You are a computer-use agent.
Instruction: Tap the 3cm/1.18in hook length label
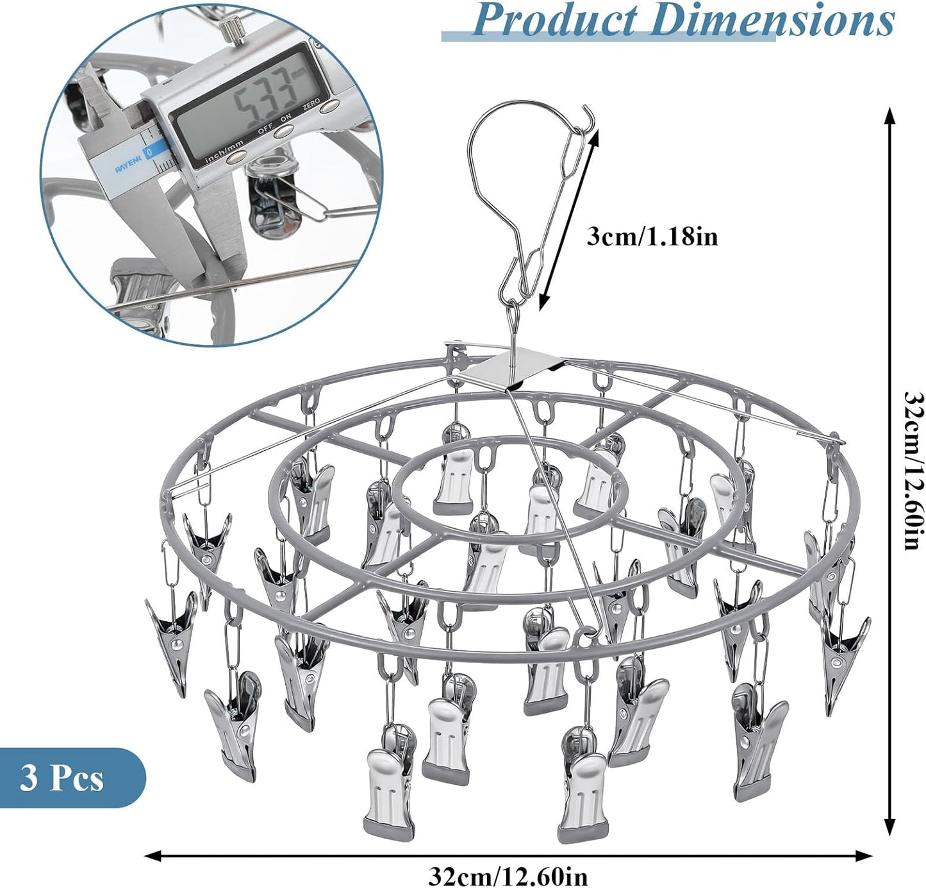coord(652,237)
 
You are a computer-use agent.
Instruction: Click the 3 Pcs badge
coord(62,778)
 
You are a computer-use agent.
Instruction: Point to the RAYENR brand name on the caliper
coord(129,169)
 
